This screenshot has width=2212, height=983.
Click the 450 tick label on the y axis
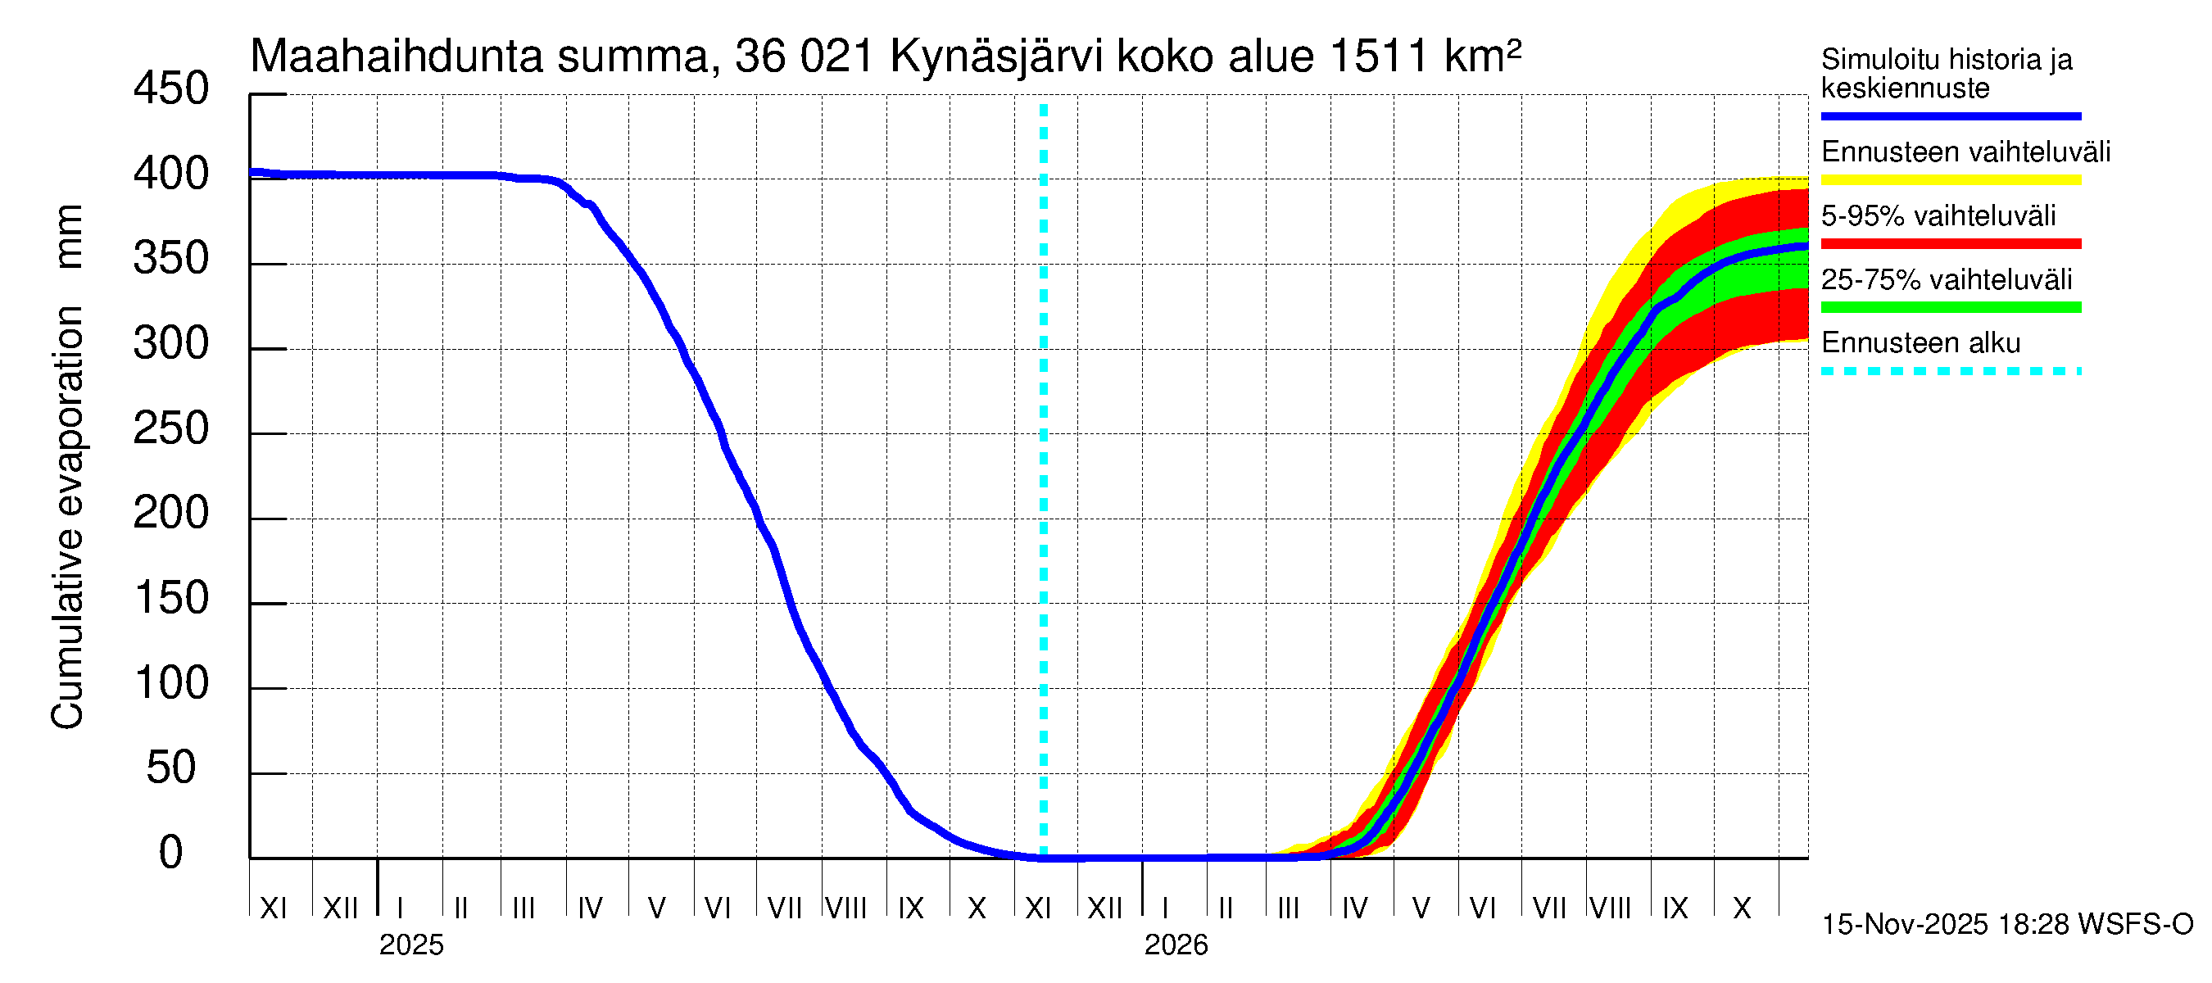pyautogui.click(x=170, y=89)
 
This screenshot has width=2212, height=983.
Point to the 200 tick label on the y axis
pyautogui.click(x=170, y=514)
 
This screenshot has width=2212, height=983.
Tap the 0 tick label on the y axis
pyautogui.click(x=170, y=853)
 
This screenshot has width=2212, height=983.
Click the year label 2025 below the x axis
pyautogui.click(x=411, y=945)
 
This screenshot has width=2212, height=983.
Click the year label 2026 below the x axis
pyautogui.click(x=1176, y=945)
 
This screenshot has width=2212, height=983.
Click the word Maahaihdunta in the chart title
pyautogui.click(x=397, y=57)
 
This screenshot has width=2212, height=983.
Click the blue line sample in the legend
pyautogui.click(x=1950, y=116)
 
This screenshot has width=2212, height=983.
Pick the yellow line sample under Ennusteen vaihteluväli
pyautogui.click(x=1950, y=180)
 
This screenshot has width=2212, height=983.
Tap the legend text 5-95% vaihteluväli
pyautogui.click(x=1938, y=215)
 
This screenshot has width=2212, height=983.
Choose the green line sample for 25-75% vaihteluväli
pyautogui.click(x=1950, y=307)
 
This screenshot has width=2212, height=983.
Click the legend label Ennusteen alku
pyautogui.click(x=1920, y=343)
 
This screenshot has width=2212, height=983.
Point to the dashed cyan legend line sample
pyautogui.click(x=1950, y=372)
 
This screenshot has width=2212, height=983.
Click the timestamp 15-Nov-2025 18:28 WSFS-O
pyautogui.click(x=2006, y=925)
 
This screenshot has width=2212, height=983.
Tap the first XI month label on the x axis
pyautogui.click(x=273, y=908)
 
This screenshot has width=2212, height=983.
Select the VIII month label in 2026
pyautogui.click(x=1610, y=908)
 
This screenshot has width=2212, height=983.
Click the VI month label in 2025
pyautogui.click(x=717, y=908)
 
